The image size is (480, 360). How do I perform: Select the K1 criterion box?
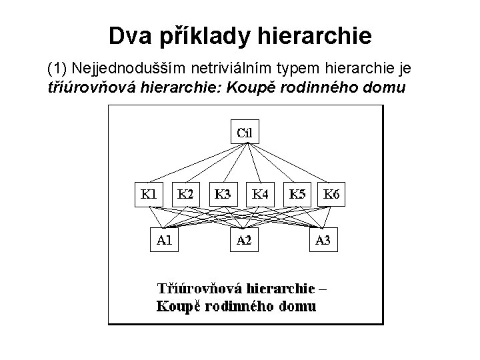tap(148, 195)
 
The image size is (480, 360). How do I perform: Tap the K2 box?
tap(186, 195)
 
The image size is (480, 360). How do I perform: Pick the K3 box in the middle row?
tap(223, 195)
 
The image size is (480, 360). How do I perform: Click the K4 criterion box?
tap(260, 195)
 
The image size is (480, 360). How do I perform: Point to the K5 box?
tap(297, 195)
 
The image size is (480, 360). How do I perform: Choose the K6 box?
tap(333, 195)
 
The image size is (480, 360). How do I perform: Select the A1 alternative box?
tap(164, 241)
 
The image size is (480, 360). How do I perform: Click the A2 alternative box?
tap(245, 241)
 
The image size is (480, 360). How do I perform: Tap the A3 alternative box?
tap(322, 241)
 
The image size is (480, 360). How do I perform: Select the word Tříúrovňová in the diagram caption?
tap(199, 290)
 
